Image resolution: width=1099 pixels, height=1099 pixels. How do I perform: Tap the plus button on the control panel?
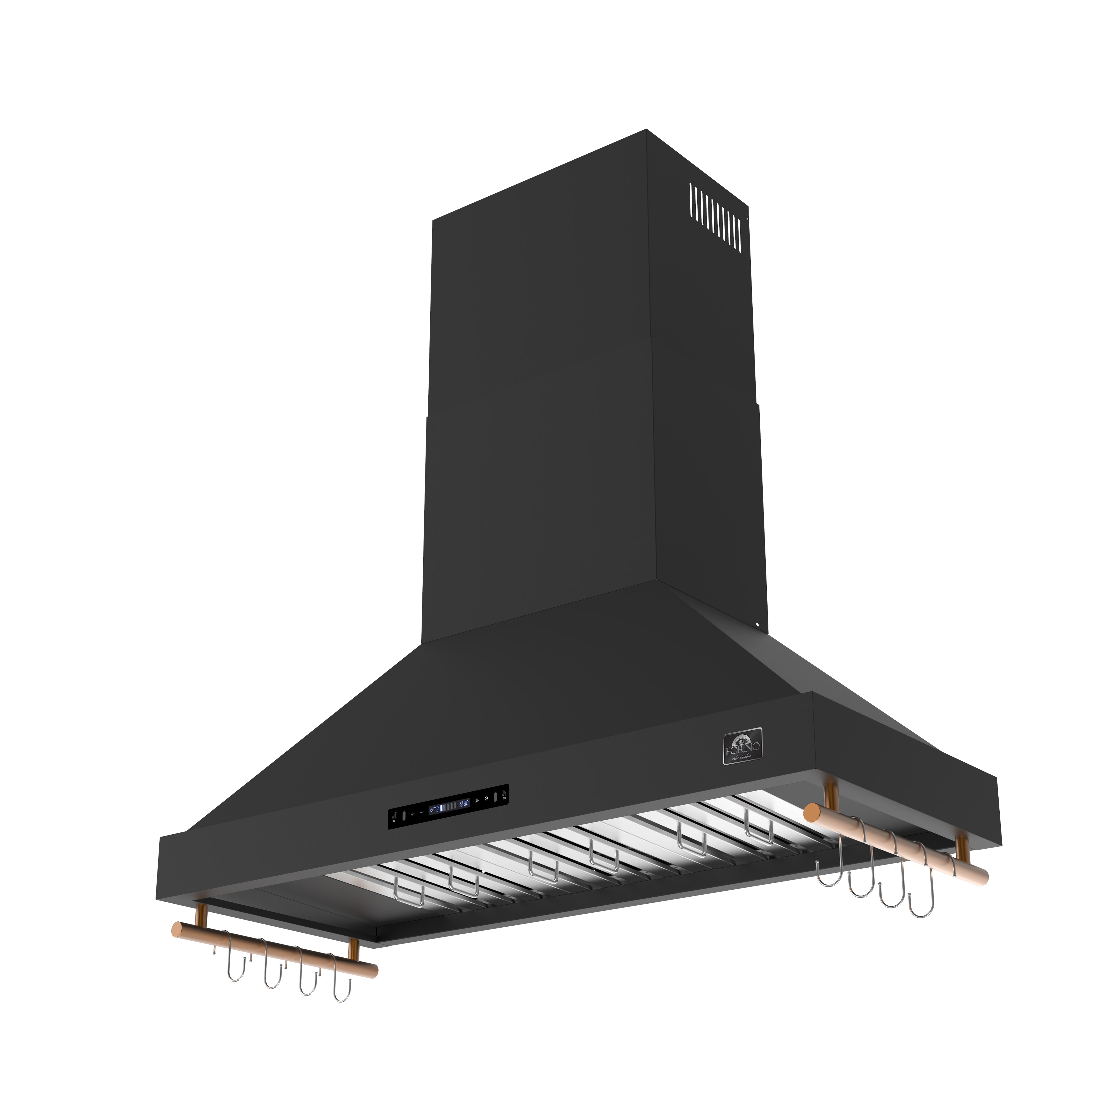coord(413,814)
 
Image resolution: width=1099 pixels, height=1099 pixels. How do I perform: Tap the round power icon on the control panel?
coord(486,799)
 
